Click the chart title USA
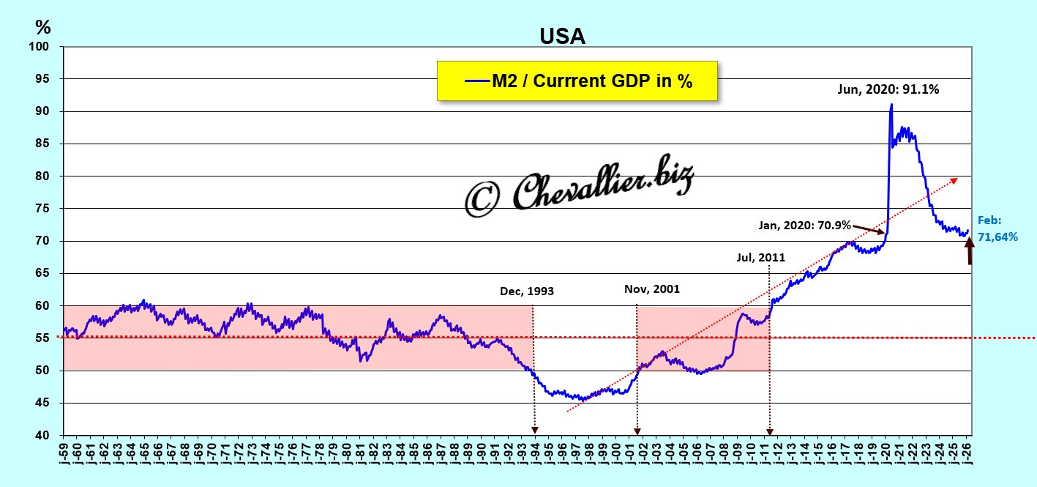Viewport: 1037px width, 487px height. pos(562,36)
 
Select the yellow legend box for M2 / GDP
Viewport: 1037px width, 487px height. pos(577,81)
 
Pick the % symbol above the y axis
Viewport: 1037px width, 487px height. pos(43,28)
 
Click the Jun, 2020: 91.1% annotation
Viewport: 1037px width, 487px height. pos(888,90)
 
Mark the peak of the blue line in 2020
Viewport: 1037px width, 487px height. pos(891,105)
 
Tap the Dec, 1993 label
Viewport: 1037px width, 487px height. pos(527,291)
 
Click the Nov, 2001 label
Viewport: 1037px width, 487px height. pos(652,289)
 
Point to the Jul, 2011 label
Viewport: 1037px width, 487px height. pos(761,257)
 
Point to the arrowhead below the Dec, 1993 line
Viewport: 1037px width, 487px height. pos(535,431)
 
